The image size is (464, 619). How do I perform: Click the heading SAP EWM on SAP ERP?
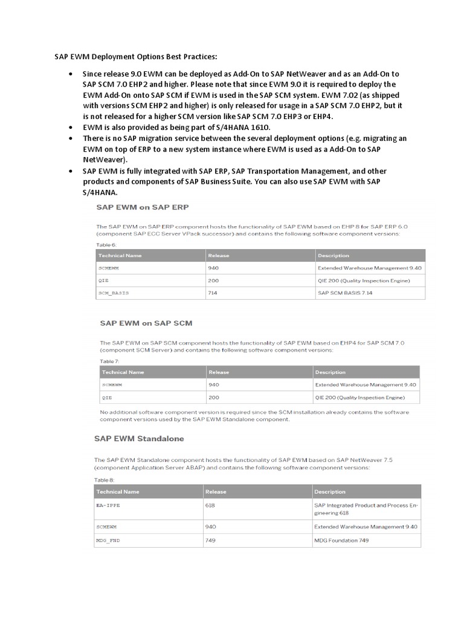[x=143, y=207]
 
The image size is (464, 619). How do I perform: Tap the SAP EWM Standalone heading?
[x=139, y=438]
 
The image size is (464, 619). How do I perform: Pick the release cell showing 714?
[x=214, y=293]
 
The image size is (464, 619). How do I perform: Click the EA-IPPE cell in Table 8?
[x=109, y=505]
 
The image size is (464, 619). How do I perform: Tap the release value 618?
[x=211, y=505]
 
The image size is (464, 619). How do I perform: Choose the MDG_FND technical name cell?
[x=108, y=540]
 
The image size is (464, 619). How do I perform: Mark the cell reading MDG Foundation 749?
[x=341, y=540]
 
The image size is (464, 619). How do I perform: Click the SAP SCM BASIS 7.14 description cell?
[x=344, y=293]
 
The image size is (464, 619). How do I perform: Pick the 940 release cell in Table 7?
[x=214, y=384]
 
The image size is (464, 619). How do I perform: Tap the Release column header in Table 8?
[x=216, y=491]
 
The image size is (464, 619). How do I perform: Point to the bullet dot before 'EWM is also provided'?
[x=71, y=128]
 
